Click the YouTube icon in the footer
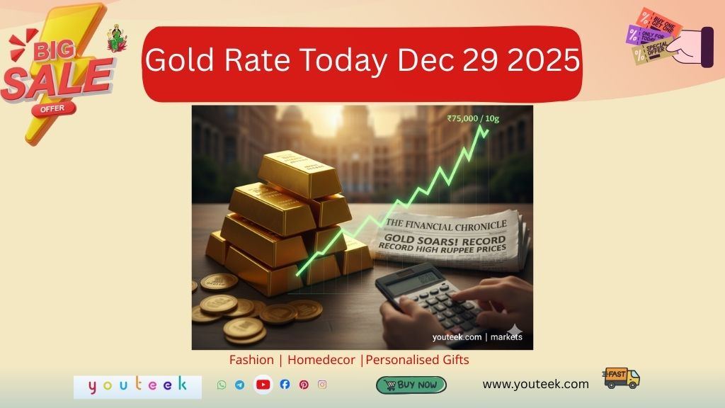tap(263, 385)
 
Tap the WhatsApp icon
tap(222, 385)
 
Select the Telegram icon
tap(239, 385)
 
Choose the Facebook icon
tap(285, 385)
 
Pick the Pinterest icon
tap(304, 385)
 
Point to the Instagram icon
tap(322, 385)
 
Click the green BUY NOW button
tap(411, 385)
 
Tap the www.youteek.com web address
tap(535, 384)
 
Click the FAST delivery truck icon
tap(622, 378)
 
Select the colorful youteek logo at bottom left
tap(137, 385)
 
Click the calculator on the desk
tap(425, 297)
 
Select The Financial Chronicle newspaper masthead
tap(446, 226)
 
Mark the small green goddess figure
tap(117, 39)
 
